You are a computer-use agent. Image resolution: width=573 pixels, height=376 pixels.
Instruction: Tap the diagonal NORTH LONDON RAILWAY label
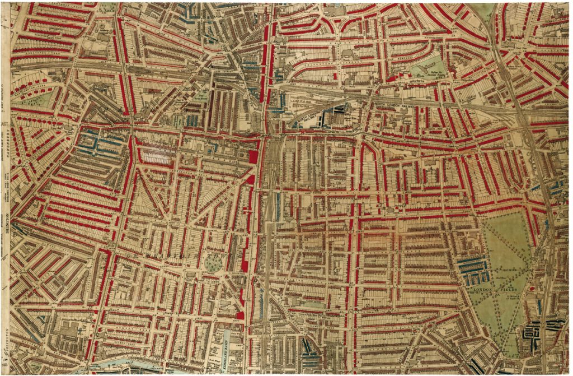click(x=309, y=114)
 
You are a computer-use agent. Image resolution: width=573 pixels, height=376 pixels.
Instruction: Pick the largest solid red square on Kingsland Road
click(x=253, y=156)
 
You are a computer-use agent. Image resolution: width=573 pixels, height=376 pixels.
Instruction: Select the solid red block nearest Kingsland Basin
click(x=240, y=315)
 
